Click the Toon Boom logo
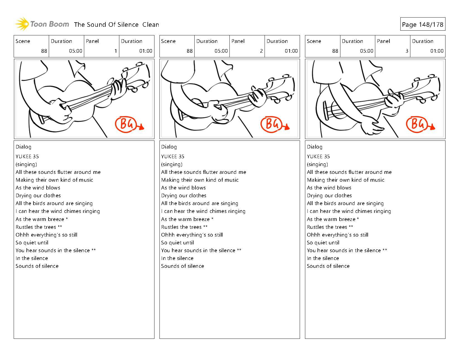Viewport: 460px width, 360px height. (x=42, y=24)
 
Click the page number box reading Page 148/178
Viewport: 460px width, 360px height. (x=422, y=25)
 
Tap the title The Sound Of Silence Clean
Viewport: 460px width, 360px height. (x=117, y=25)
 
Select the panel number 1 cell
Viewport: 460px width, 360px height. (x=101, y=46)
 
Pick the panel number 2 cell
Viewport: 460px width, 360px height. (x=247, y=46)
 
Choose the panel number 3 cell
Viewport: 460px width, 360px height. (x=393, y=46)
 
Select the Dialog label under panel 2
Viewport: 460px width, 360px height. (x=169, y=147)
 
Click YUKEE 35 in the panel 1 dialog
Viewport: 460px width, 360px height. (x=27, y=157)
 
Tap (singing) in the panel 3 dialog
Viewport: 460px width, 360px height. (x=317, y=164)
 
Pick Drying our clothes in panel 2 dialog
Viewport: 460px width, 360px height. (x=184, y=196)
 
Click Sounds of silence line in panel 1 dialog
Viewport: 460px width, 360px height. (x=37, y=266)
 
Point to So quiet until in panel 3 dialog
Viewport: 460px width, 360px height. (x=323, y=243)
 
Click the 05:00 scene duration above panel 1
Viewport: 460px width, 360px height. (x=76, y=51)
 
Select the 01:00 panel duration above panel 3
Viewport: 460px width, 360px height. (x=437, y=51)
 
